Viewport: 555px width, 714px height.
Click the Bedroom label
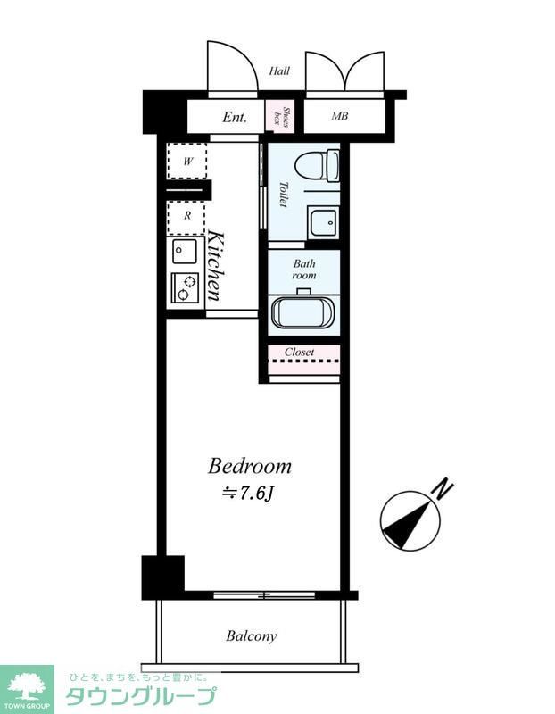[250, 466]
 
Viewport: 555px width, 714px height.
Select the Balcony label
[252, 635]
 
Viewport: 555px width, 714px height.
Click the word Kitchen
[216, 265]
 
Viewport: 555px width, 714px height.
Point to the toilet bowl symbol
[317, 166]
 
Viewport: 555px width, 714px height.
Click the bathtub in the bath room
[303, 311]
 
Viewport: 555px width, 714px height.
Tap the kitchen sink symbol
[185, 251]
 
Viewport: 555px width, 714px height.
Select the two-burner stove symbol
[185, 287]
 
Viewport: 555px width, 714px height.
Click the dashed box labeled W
[187, 161]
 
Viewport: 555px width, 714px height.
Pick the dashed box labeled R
[186, 216]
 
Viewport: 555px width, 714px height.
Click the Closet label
[299, 352]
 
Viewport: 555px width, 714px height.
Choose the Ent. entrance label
[235, 118]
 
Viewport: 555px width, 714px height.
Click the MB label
[340, 116]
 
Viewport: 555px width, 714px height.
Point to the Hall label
[279, 71]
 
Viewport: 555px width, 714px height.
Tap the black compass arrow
[408, 524]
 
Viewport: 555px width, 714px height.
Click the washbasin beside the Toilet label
[322, 222]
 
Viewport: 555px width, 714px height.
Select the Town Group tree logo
[27, 685]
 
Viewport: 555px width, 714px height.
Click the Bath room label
[303, 270]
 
